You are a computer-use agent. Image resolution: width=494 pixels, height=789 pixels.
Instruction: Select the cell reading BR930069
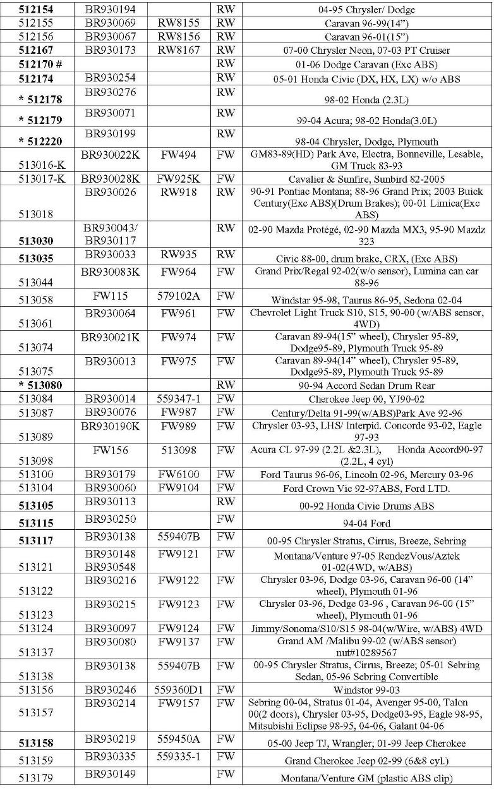111,24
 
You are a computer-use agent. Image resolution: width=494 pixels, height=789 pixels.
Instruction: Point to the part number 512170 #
40,64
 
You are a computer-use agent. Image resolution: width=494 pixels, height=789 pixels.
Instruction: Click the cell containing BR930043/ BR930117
111,234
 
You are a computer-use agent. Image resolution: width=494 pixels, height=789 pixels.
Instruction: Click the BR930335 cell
111,756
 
